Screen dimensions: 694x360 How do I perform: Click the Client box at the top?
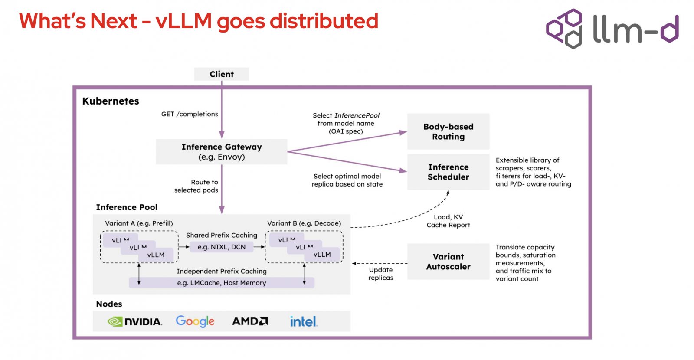pyautogui.click(x=222, y=74)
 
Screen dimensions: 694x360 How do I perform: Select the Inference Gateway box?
pyautogui.click(x=222, y=151)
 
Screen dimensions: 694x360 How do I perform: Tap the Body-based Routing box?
pyautogui.click(x=448, y=131)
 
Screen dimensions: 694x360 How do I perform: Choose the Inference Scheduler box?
pyautogui.click(x=448, y=172)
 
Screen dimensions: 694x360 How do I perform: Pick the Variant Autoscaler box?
pyautogui.click(x=448, y=262)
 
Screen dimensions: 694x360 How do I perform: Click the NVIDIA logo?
pyautogui.click(x=134, y=321)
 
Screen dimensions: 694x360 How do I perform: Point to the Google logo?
pyautogui.click(x=195, y=321)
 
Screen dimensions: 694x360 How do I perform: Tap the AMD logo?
pyautogui.click(x=250, y=321)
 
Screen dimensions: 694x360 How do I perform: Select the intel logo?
pyautogui.click(x=304, y=321)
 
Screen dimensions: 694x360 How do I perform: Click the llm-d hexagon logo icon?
pyautogui.click(x=564, y=29)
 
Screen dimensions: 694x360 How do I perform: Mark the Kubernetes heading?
pyautogui.click(x=111, y=101)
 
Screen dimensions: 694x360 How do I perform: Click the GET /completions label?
pyautogui.click(x=190, y=114)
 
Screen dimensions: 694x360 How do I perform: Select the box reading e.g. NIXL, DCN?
pyautogui.click(x=222, y=247)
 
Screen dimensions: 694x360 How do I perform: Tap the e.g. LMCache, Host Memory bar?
pyautogui.click(x=222, y=282)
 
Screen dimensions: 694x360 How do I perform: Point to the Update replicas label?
pyautogui.click(x=381, y=274)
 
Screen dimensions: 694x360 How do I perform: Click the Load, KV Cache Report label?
pyautogui.click(x=448, y=221)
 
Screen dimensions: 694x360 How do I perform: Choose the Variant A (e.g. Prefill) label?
pyautogui.click(x=139, y=223)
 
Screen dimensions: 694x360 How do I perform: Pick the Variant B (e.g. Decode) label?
pyautogui.click(x=304, y=223)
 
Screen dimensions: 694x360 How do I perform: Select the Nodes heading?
pyautogui.click(x=109, y=304)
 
